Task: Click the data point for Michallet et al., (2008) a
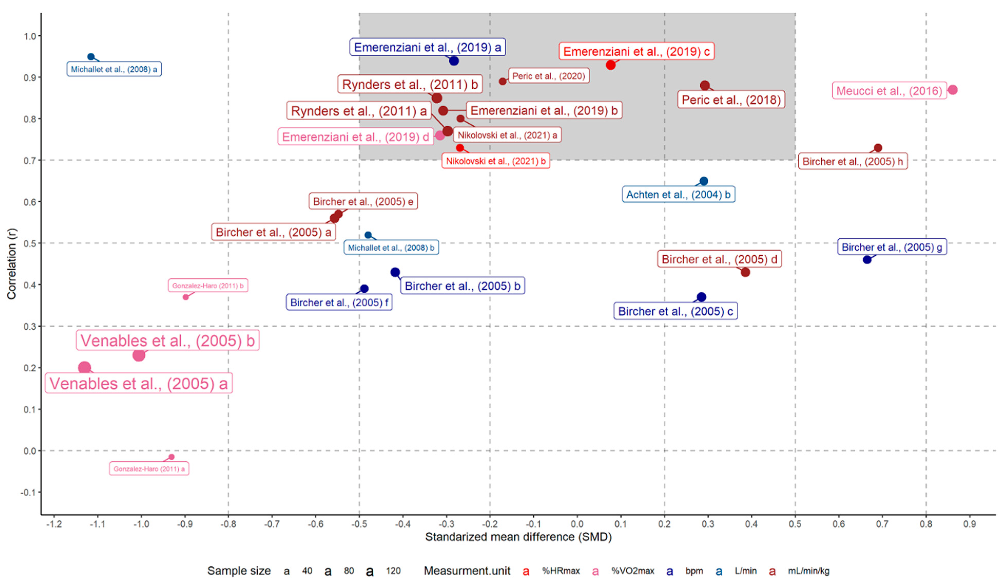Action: click(91, 57)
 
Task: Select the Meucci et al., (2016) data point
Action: click(953, 90)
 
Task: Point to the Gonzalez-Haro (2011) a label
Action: click(149, 469)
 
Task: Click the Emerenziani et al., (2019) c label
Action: click(636, 52)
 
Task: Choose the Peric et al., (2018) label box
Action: click(731, 100)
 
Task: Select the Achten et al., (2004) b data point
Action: click(704, 181)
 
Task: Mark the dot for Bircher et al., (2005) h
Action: click(878, 148)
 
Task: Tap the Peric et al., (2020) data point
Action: click(503, 81)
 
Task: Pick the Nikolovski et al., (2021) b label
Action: click(495, 161)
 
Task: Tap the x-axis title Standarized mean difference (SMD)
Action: click(518, 537)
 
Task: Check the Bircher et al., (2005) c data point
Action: click(701, 297)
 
